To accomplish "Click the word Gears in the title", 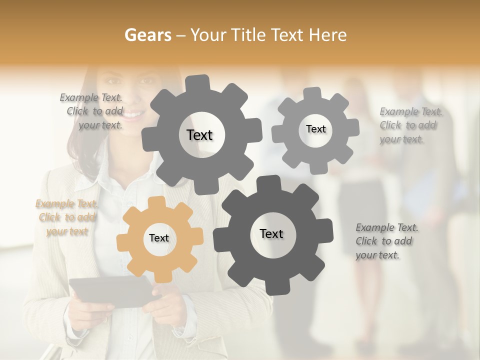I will (x=148, y=35).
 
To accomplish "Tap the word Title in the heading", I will (x=249, y=35).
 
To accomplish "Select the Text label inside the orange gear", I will (x=159, y=238).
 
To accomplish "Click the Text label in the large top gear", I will (x=199, y=135).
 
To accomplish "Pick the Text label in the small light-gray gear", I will (x=315, y=129).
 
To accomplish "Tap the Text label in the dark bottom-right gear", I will (x=271, y=233).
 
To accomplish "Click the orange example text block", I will (x=67, y=217).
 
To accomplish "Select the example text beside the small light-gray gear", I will (x=410, y=125).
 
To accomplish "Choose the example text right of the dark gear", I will (x=386, y=241).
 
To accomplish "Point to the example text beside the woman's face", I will (x=93, y=111).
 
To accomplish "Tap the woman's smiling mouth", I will (x=133, y=115).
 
